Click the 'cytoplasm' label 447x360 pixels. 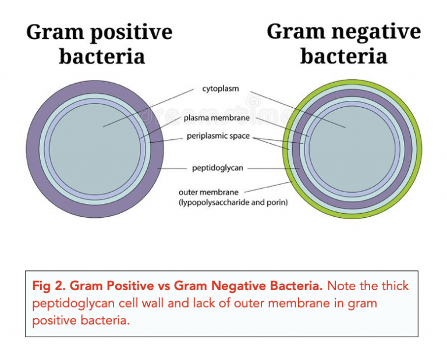click(221, 89)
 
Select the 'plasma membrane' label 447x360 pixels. click(217, 118)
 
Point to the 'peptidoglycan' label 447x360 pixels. click(218, 168)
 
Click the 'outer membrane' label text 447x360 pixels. click(208, 192)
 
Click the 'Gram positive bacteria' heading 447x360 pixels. click(100, 44)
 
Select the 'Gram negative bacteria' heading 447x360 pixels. click(343, 44)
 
